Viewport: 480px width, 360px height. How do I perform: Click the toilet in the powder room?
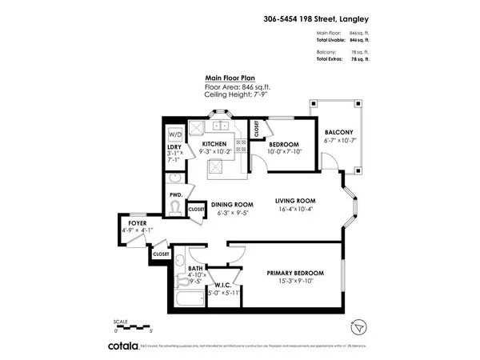click(176, 209)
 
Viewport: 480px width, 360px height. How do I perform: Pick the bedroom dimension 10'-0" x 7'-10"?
click(282, 153)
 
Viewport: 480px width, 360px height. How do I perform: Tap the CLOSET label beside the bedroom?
click(255, 129)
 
